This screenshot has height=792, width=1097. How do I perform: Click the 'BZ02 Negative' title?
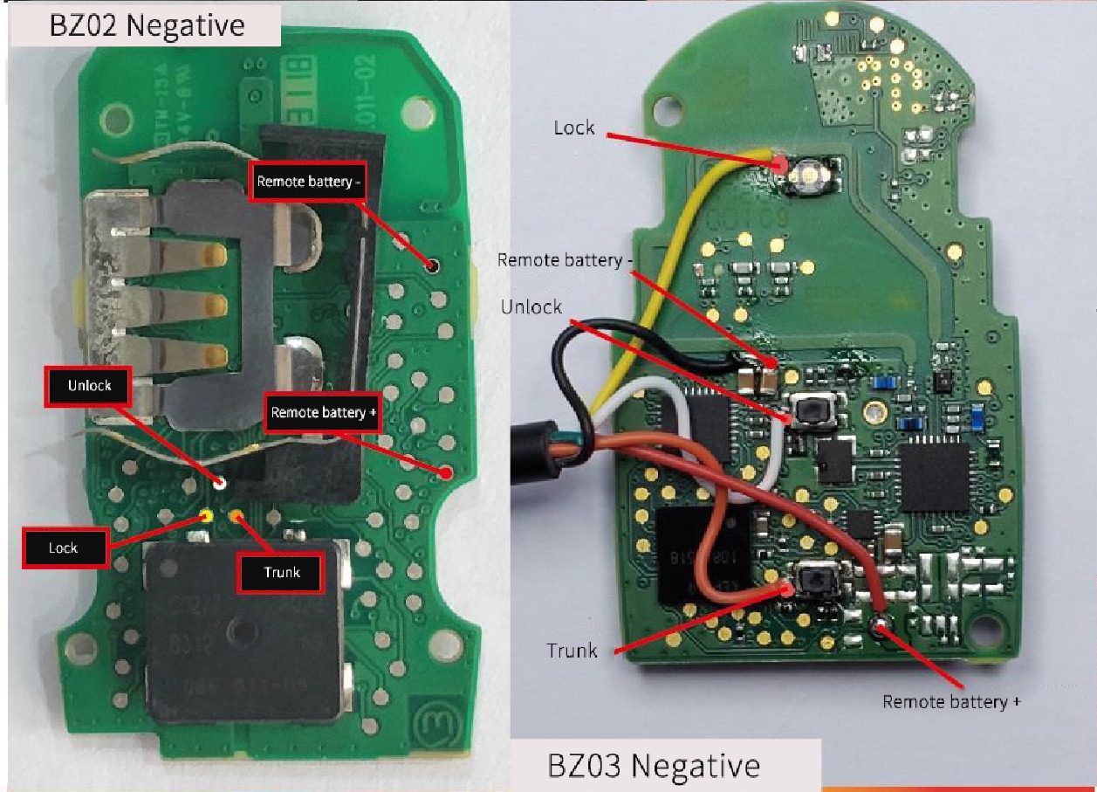click(x=147, y=24)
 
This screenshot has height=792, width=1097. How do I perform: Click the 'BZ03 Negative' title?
click(x=654, y=765)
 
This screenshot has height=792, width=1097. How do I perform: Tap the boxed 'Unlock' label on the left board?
click(x=89, y=385)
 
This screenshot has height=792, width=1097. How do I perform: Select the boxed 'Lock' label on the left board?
click(x=63, y=548)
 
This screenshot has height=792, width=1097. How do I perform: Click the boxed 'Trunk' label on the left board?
click(x=282, y=572)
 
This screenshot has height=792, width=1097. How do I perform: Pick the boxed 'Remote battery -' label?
click(x=307, y=182)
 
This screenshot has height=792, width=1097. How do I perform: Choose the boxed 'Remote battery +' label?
click(x=322, y=412)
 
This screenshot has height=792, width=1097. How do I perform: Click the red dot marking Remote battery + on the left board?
click(x=446, y=472)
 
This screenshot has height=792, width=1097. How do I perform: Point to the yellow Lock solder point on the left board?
click(x=208, y=515)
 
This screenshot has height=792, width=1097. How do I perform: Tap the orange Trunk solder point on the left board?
click(x=235, y=515)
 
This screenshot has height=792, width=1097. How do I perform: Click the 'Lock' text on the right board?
click(x=574, y=127)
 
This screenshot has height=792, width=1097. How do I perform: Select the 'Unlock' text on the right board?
click(x=531, y=306)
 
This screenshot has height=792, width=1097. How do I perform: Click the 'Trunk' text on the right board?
click(x=572, y=650)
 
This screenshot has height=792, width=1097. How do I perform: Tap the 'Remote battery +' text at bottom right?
click(x=951, y=701)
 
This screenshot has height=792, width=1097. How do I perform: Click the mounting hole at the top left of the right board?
click(x=668, y=109)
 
